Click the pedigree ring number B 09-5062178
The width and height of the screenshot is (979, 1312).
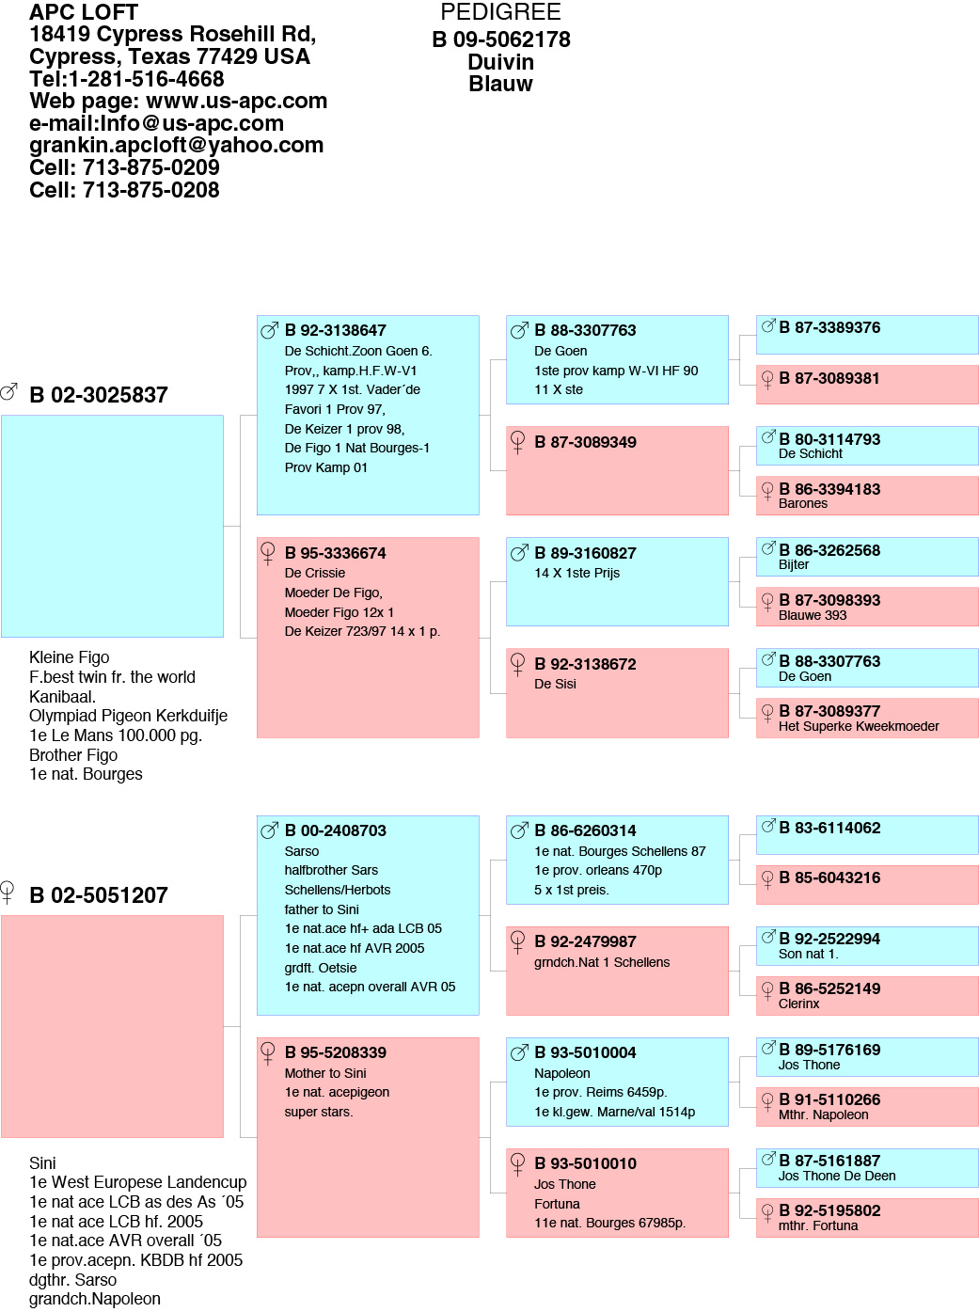(x=500, y=40)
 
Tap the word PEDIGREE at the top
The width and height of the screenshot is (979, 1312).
(x=500, y=11)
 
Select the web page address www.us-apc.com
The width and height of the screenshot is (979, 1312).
(x=236, y=101)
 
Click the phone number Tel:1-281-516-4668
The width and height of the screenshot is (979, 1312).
(x=127, y=79)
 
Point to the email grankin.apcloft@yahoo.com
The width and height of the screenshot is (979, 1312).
(x=176, y=145)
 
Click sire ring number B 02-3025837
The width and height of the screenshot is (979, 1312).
(x=99, y=395)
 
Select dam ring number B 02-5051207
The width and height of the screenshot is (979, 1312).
(x=99, y=895)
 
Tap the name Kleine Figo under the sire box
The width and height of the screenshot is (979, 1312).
(x=70, y=657)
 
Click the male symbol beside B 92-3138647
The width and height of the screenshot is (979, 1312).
(x=270, y=330)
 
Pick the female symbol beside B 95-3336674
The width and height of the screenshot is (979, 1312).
(x=268, y=553)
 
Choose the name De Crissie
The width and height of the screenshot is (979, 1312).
(x=315, y=573)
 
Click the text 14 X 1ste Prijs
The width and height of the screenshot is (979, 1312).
(x=576, y=573)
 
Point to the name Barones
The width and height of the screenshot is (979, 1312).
(x=803, y=503)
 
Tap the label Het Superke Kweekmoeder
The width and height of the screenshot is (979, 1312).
(x=859, y=726)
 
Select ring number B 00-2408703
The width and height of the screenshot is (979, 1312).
(x=336, y=830)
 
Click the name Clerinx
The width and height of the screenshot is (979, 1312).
(x=798, y=1004)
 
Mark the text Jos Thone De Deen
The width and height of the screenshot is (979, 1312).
(x=837, y=1176)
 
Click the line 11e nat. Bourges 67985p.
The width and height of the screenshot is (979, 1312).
(x=609, y=1223)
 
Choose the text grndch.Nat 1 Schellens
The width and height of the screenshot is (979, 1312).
(x=602, y=962)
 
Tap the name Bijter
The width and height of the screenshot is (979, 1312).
(x=793, y=564)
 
